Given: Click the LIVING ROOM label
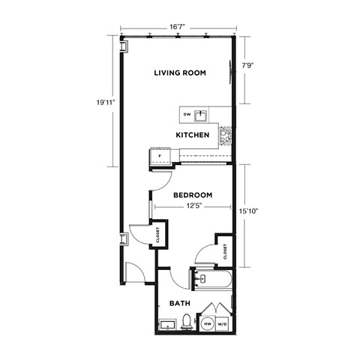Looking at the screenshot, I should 180,73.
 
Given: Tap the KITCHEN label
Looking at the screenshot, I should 192,135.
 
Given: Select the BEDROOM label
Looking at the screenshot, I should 192,195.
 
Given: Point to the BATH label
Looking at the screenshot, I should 178,304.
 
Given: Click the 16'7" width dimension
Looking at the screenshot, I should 178,27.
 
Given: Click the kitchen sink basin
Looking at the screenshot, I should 201,115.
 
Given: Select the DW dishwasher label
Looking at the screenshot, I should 187,115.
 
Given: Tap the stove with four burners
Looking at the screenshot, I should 224,136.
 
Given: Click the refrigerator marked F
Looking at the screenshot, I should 160,157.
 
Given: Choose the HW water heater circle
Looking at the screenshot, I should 208,324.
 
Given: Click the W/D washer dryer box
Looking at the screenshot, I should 223,324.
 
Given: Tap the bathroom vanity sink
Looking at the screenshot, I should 167,325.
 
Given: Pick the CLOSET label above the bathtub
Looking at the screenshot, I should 225,252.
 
